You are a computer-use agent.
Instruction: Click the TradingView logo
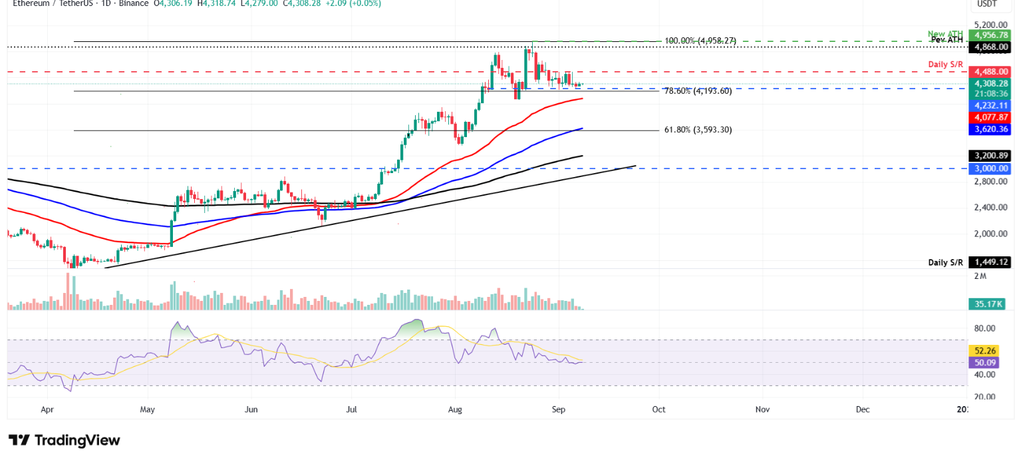(65, 440)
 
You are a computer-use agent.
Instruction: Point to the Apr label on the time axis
(47, 410)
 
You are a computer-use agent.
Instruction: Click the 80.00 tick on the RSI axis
(985, 328)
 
